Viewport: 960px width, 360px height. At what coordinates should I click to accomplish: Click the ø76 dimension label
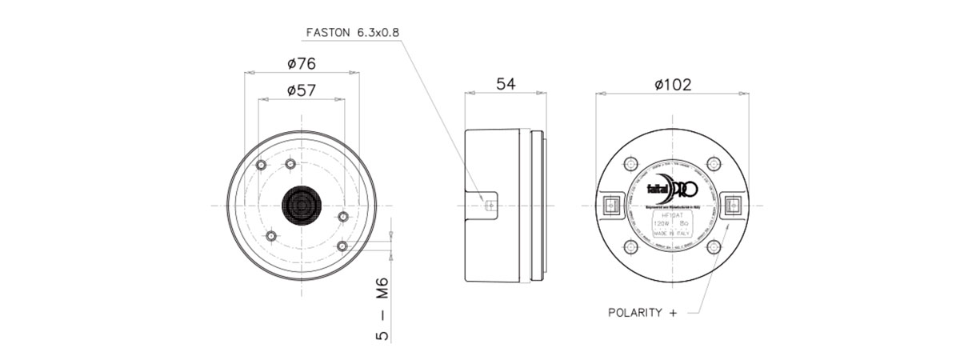click(x=302, y=62)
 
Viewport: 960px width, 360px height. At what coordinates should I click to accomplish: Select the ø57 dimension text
click(x=301, y=90)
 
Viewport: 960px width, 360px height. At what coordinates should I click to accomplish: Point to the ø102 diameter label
click(x=672, y=84)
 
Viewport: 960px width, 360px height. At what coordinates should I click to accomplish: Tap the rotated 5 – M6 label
click(x=382, y=308)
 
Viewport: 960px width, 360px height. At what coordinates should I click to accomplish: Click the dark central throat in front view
click(x=302, y=205)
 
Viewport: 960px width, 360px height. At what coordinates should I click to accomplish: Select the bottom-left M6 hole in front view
click(x=271, y=236)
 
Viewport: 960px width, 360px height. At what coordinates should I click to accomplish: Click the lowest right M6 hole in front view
click(x=343, y=245)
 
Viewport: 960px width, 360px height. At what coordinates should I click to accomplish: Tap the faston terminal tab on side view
click(x=489, y=204)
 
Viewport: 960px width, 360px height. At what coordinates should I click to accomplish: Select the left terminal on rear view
click(x=613, y=205)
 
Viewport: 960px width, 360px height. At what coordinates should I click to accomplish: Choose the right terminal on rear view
click(x=731, y=205)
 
